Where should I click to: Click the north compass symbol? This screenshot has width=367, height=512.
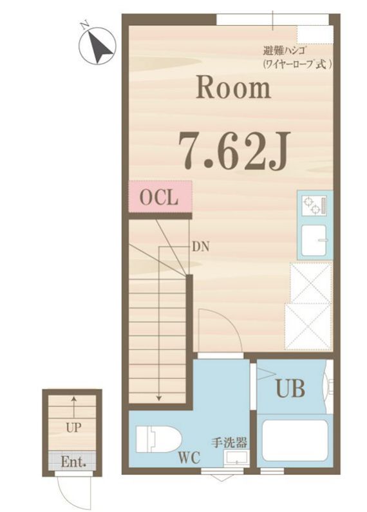[x=98, y=46]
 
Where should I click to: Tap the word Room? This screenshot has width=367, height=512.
[x=233, y=88]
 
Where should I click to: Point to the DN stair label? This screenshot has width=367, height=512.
[x=200, y=247]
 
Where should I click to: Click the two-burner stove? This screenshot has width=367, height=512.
[x=314, y=205]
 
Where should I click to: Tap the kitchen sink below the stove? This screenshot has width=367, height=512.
[x=314, y=240]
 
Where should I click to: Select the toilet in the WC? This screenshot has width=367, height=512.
[x=158, y=439]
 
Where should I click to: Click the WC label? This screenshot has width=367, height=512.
[x=189, y=458]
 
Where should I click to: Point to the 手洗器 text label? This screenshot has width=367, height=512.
[x=229, y=443]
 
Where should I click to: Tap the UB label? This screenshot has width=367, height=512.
[x=290, y=388]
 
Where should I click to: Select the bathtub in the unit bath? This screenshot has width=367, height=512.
[x=295, y=439]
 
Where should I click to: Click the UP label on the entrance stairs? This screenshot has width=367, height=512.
[x=73, y=428]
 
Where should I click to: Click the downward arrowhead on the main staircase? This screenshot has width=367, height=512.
[x=158, y=398]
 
